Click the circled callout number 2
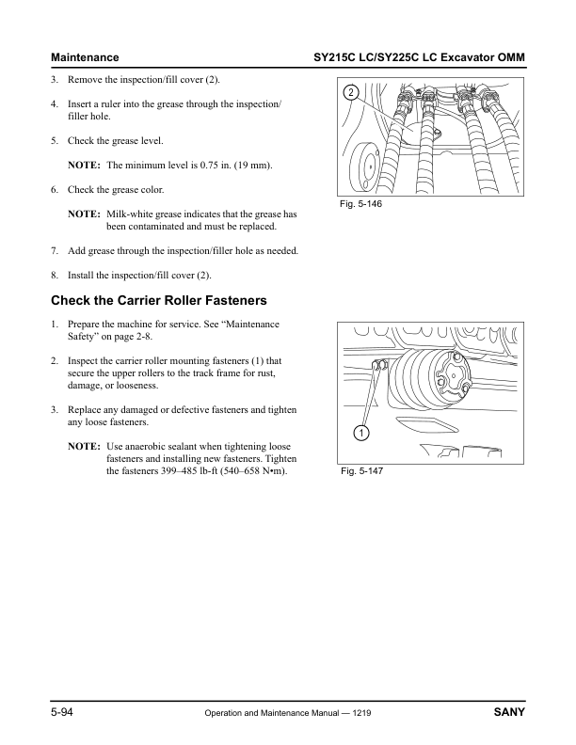[x=349, y=92]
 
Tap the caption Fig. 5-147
[x=363, y=471]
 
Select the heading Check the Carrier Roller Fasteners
[x=158, y=301]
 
